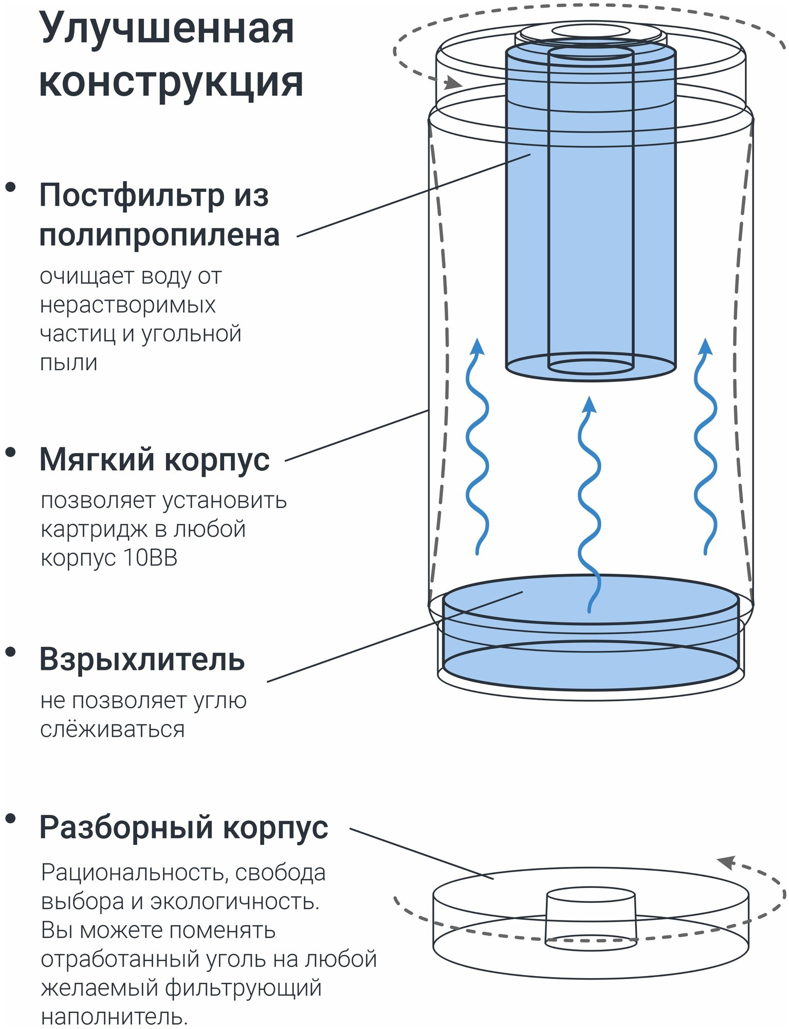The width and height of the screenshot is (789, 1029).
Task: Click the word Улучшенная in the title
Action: click(x=167, y=29)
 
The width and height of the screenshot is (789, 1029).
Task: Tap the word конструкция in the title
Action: click(x=171, y=82)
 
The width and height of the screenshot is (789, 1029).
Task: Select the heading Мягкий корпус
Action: click(x=154, y=459)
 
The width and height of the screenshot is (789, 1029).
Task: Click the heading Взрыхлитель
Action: click(x=142, y=659)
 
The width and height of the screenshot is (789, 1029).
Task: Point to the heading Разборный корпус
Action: click(x=184, y=827)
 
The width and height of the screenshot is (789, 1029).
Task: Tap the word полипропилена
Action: click(x=159, y=236)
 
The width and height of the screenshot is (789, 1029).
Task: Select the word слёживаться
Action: click(x=112, y=729)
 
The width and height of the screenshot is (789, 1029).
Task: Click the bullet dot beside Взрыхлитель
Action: click(x=10, y=652)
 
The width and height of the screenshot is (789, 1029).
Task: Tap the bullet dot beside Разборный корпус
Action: click(x=10, y=818)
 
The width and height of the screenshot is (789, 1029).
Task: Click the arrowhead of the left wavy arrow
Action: click(x=478, y=346)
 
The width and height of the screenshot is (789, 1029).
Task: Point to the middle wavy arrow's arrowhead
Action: click(x=590, y=404)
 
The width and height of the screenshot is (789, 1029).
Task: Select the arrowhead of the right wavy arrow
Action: click(x=706, y=346)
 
